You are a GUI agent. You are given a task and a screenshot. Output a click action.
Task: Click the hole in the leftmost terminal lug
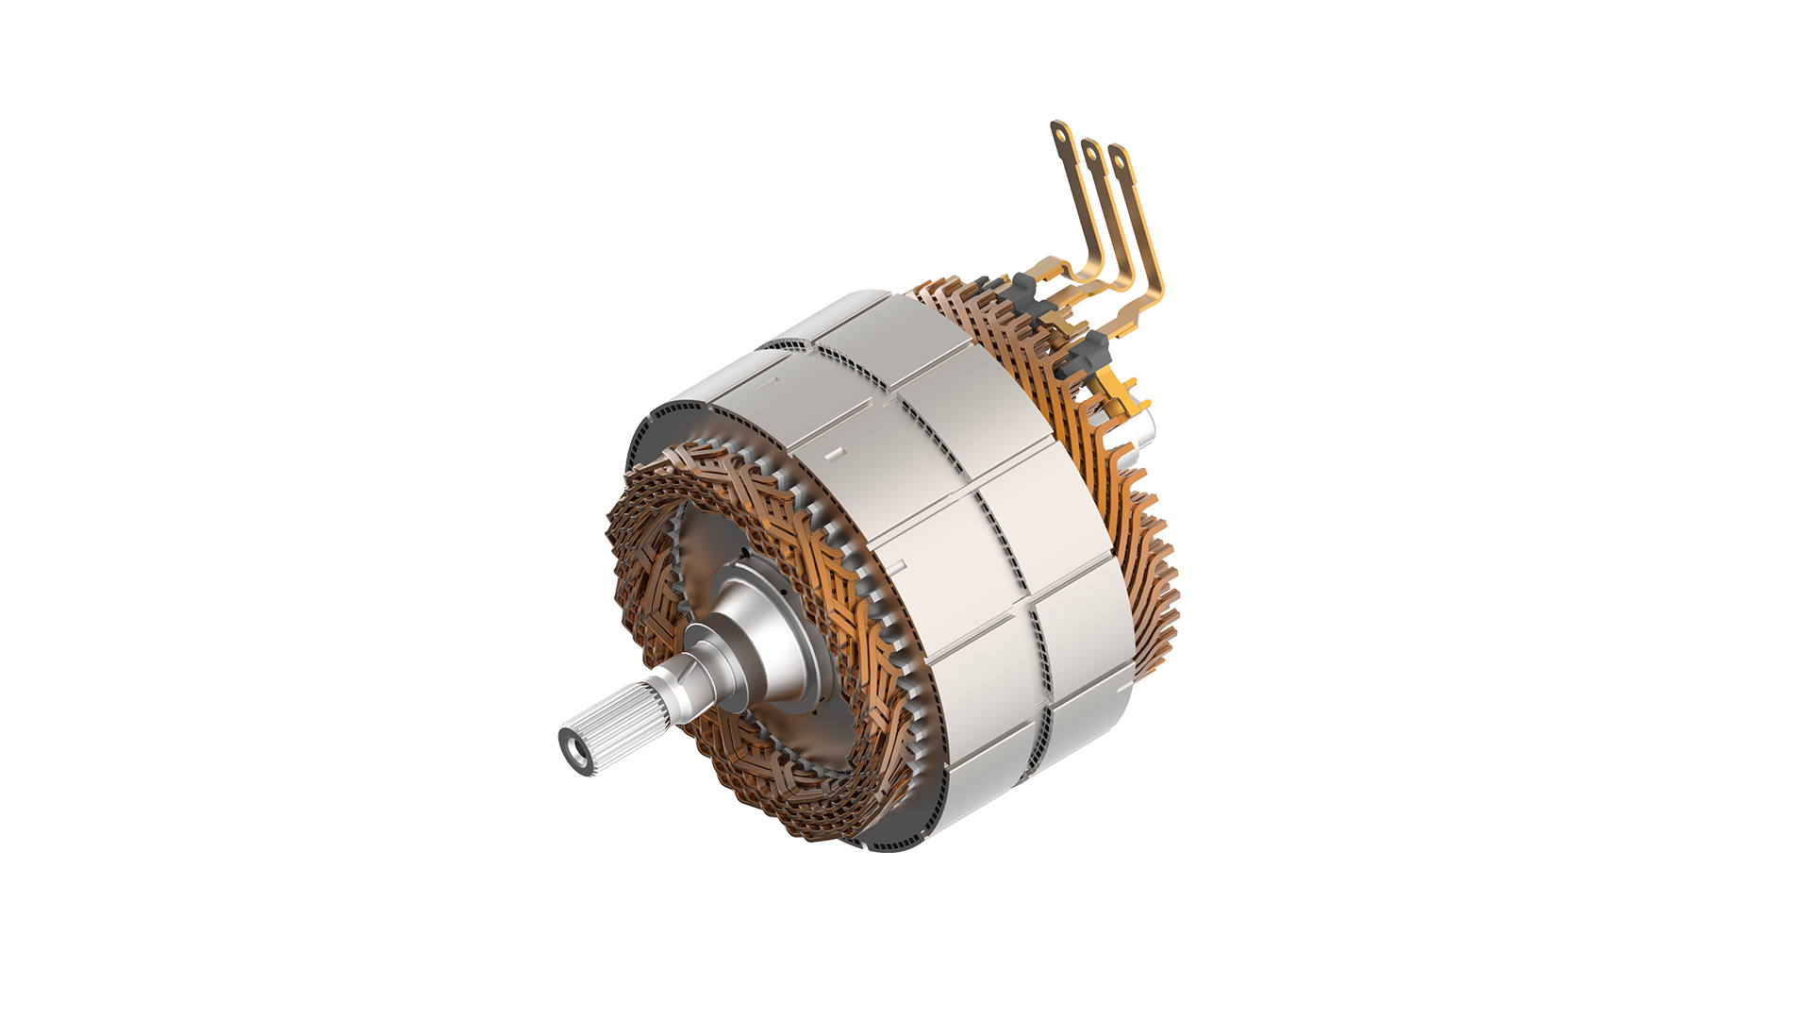click(1062, 134)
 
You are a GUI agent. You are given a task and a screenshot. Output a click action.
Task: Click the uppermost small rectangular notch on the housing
click(769, 382)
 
